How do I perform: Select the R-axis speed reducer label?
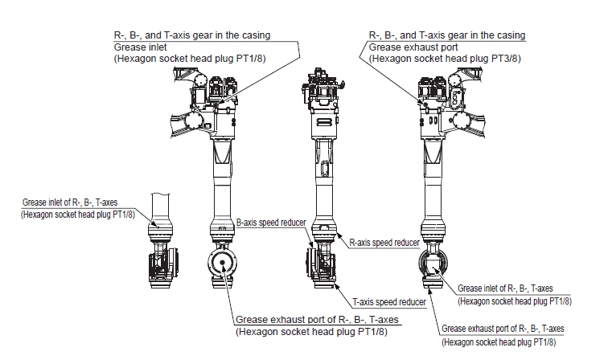[384, 242]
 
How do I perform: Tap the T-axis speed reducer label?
[389, 302]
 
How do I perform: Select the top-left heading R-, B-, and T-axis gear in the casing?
[191, 35]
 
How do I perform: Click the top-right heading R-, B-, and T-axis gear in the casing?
[446, 35]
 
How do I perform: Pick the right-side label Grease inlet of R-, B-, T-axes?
[505, 288]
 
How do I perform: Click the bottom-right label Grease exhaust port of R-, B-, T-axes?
[503, 329]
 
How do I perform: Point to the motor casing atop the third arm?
[321, 92]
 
